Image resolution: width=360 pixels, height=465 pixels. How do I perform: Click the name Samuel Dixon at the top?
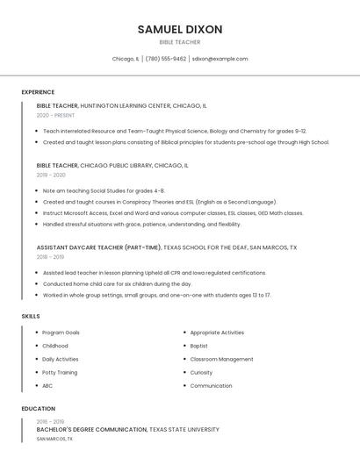pyautogui.click(x=180, y=30)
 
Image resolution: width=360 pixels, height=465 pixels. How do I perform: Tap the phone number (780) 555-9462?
pyautogui.click(x=166, y=59)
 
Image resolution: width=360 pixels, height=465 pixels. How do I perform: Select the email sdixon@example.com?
pyautogui.click(x=220, y=59)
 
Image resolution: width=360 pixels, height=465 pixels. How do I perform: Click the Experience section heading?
pyautogui.click(x=38, y=92)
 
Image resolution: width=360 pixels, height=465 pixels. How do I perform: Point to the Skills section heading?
pyautogui.click(x=31, y=316)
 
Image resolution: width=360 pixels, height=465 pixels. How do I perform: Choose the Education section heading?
pyautogui.click(x=39, y=409)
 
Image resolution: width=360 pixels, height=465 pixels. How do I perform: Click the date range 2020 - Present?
pyautogui.click(x=56, y=115)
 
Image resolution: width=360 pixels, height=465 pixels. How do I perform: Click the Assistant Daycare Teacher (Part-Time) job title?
pyautogui.click(x=99, y=247)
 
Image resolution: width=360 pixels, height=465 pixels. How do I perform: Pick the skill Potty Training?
pyautogui.click(x=60, y=372)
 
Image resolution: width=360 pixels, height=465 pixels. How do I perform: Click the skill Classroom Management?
pyautogui.click(x=221, y=359)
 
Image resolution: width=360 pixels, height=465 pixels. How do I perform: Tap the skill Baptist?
pyautogui.click(x=199, y=346)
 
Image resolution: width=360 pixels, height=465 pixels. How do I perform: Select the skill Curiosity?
pyautogui.click(x=201, y=372)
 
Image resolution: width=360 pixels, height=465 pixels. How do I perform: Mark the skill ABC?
pyautogui.click(x=47, y=385)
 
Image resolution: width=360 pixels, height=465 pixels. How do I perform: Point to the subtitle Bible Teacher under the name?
pyautogui.click(x=180, y=42)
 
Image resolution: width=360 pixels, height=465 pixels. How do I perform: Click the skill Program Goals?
pyautogui.click(x=61, y=333)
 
